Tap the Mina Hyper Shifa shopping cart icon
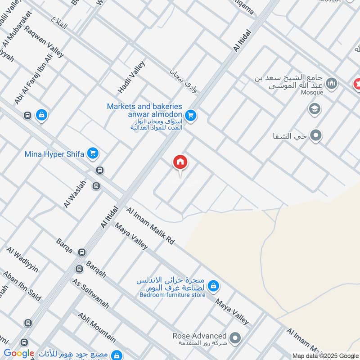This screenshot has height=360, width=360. (x=93, y=154)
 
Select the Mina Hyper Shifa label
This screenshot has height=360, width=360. (x=54, y=154)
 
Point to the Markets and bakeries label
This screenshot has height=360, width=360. (x=144, y=107)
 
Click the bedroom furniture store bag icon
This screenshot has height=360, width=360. (x=214, y=285)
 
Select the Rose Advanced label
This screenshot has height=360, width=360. (x=199, y=336)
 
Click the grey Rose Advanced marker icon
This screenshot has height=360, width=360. (x=235, y=337)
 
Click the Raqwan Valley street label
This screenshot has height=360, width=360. (x=45, y=42)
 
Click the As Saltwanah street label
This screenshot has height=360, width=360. (x=90, y=293)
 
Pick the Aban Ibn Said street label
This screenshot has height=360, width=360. (x=22, y=286)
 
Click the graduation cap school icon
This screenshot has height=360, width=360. (x=315, y=109)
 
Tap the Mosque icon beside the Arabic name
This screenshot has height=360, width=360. (x=332, y=83)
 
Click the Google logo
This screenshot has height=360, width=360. (x=19, y=354)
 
